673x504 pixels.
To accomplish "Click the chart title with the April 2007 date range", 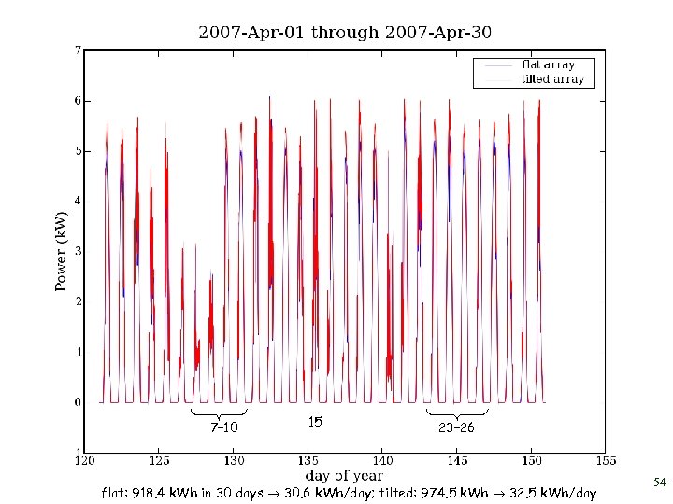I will click(x=345, y=33).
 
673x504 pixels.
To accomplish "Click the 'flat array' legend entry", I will click(x=549, y=65).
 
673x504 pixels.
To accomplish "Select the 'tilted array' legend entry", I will click(x=552, y=79).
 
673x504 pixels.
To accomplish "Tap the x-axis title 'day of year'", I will click(x=343, y=476).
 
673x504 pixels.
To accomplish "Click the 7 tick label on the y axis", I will click(x=78, y=49).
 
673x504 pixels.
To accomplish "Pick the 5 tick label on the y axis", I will click(x=78, y=150).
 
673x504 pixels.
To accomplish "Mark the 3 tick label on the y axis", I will click(x=78, y=251).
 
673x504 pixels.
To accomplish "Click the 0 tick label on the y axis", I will click(x=78, y=402).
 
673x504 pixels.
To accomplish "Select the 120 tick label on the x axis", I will click(x=85, y=461).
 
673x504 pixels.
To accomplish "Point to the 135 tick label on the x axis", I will click(x=308, y=461).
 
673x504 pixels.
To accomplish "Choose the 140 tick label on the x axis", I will click(x=382, y=461).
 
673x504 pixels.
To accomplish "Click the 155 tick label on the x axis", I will click(x=605, y=461).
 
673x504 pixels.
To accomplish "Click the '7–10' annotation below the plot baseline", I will click(x=224, y=428).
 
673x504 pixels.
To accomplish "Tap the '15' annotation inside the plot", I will click(x=315, y=422).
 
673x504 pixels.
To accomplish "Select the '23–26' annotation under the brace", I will click(x=456, y=428).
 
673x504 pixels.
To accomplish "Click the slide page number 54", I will click(x=659, y=483).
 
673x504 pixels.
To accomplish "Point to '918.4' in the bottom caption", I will click(x=150, y=492).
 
